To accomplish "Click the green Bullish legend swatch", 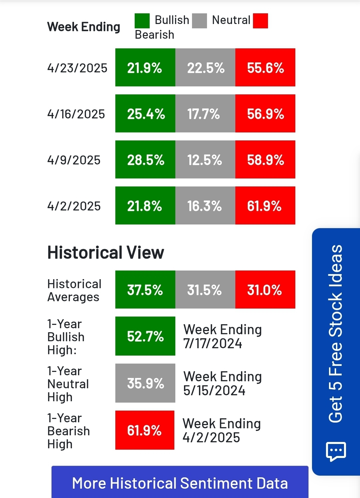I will [x=142, y=21].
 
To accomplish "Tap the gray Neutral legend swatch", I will [x=199, y=21].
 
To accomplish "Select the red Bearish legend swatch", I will [x=260, y=21].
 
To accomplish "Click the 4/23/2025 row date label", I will [x=77, y=68].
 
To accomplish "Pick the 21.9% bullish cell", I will [x=145, y=68].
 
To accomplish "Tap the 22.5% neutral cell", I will [x=205, y=68].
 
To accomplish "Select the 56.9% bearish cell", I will [x=265, y=114].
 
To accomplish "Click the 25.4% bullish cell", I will [x=145, y=114].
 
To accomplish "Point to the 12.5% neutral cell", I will [x=205, y=160].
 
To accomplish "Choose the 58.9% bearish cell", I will [x=265, y=160].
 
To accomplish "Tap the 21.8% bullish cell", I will [x=145, y=206].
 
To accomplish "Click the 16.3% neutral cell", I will [x=205, y=206].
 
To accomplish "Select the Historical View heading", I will [x=106, y=253].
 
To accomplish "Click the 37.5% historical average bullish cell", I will [x=145, y=290].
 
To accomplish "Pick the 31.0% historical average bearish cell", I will [x=265, y=290].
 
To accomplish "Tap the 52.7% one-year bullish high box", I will [x=145, y=336].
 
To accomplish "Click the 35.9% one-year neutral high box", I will [x=145, y=383].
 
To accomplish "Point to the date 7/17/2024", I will [x=213, y=344].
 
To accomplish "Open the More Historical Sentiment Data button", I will [x=180, y=483].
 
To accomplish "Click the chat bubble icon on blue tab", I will [x=336, y=451].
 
